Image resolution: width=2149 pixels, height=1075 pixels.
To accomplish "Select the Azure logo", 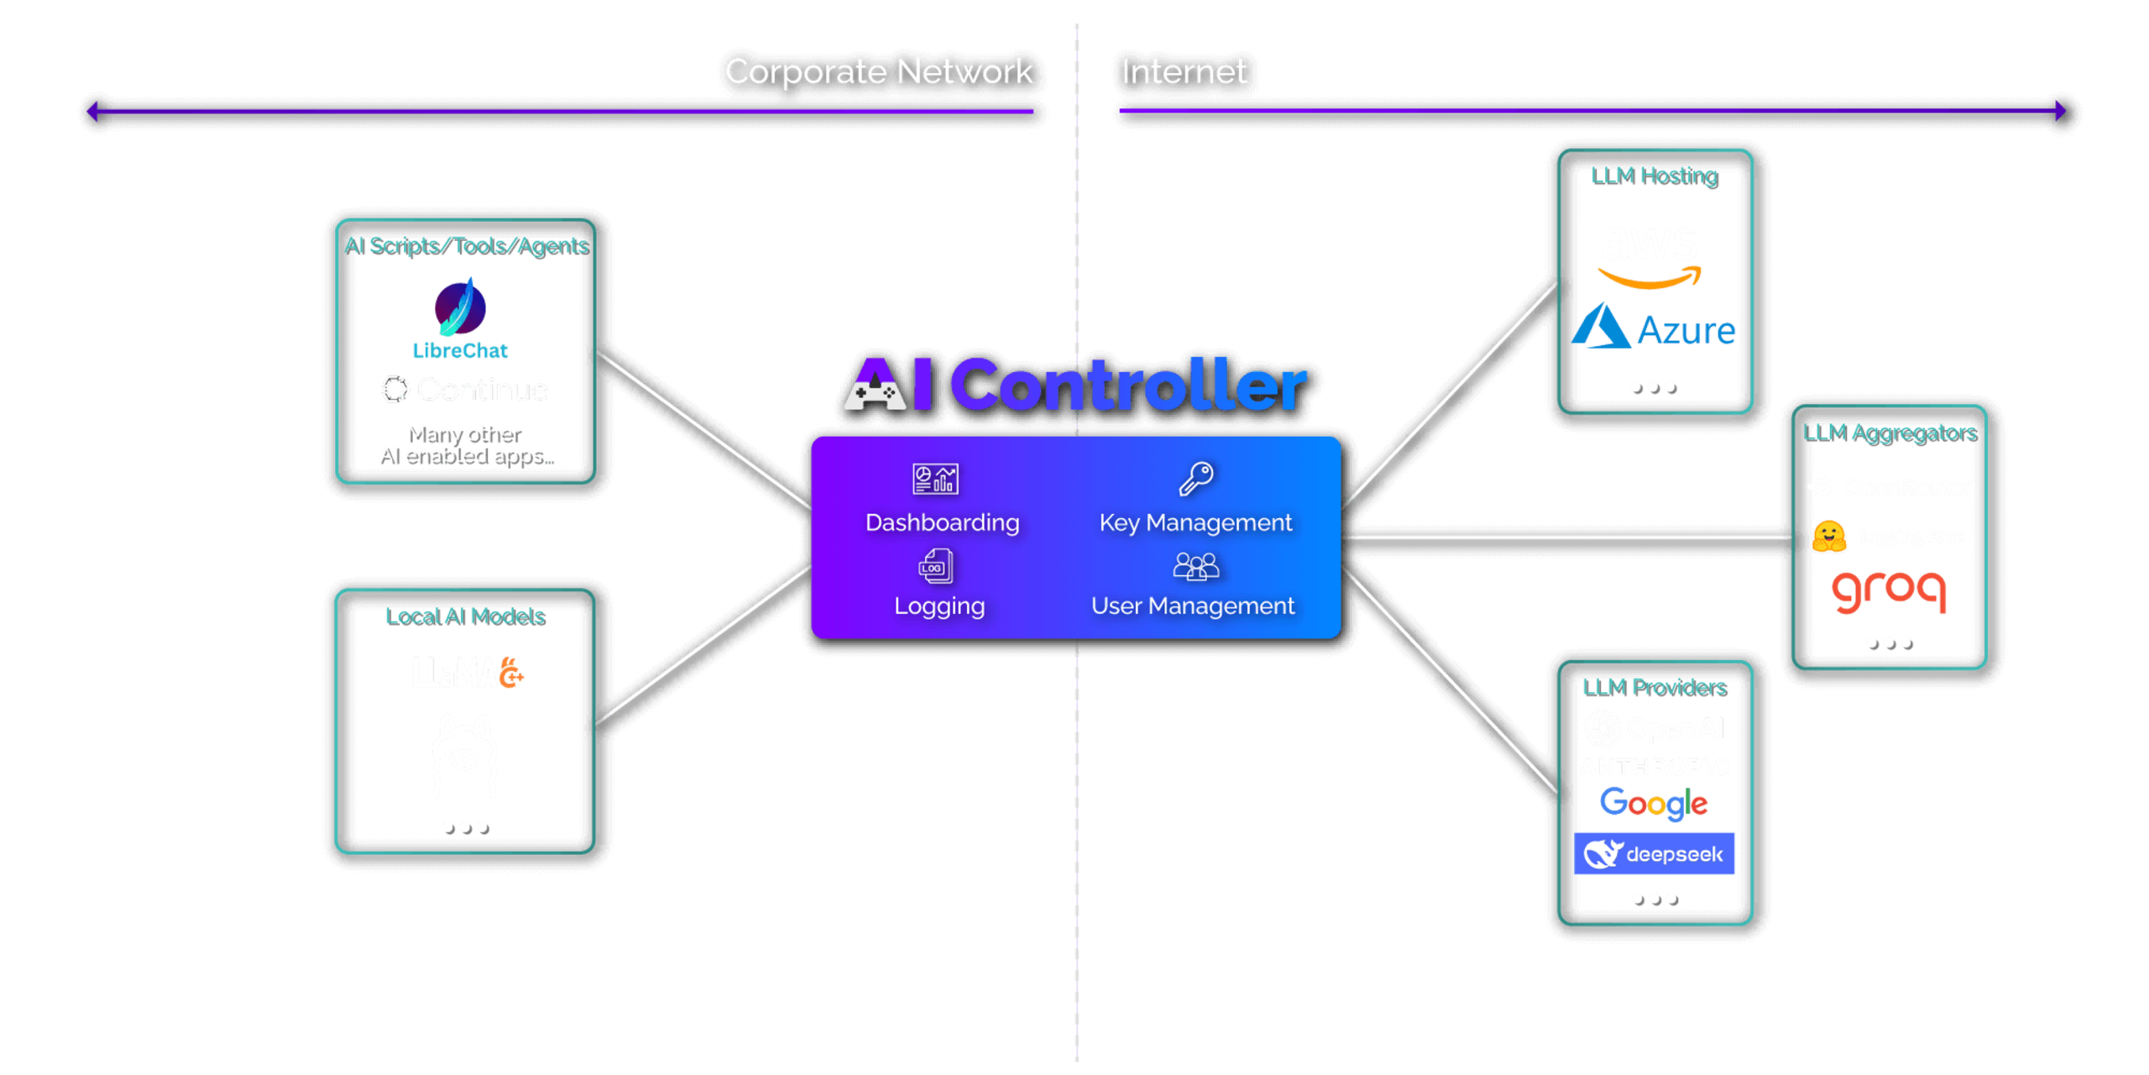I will pyautogui.click(x=1654, y=328).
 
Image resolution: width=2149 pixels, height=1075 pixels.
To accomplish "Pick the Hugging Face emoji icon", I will pyautogui.click(x=1828, y=537).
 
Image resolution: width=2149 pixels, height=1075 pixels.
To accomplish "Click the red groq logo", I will pyautogui.click(x=1888, y=591).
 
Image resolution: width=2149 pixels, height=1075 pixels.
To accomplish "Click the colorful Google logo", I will pyautogui.click(x=1653, y=804).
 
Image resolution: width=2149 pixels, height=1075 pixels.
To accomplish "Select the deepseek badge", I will pyautogui.click(x=1655, y=854).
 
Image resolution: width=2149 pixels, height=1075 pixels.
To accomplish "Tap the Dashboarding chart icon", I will pyautogui.click(x=936, y=480).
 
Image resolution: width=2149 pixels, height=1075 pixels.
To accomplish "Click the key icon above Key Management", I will pyautogui.click(x=1196, y=479).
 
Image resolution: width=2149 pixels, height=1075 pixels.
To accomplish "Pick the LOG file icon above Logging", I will pyautogui.click(x=935, y=567).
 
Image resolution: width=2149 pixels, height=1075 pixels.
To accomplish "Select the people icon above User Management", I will pyautogui.click(x=1196, y=566).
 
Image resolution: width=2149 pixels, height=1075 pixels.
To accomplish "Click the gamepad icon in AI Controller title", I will pyautogui.click(x=876, y=391).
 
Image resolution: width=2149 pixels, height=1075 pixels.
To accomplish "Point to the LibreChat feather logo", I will pyautogui.click(x=460, y=307).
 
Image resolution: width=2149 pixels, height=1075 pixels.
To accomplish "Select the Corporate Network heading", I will pyautogui.click(x=879, y=71).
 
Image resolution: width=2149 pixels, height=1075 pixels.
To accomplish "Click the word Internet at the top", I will pyautogui.click(x=1184, y=71).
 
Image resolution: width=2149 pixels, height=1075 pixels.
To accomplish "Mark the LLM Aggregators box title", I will pyautogui.click(x=1889, y=433).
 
